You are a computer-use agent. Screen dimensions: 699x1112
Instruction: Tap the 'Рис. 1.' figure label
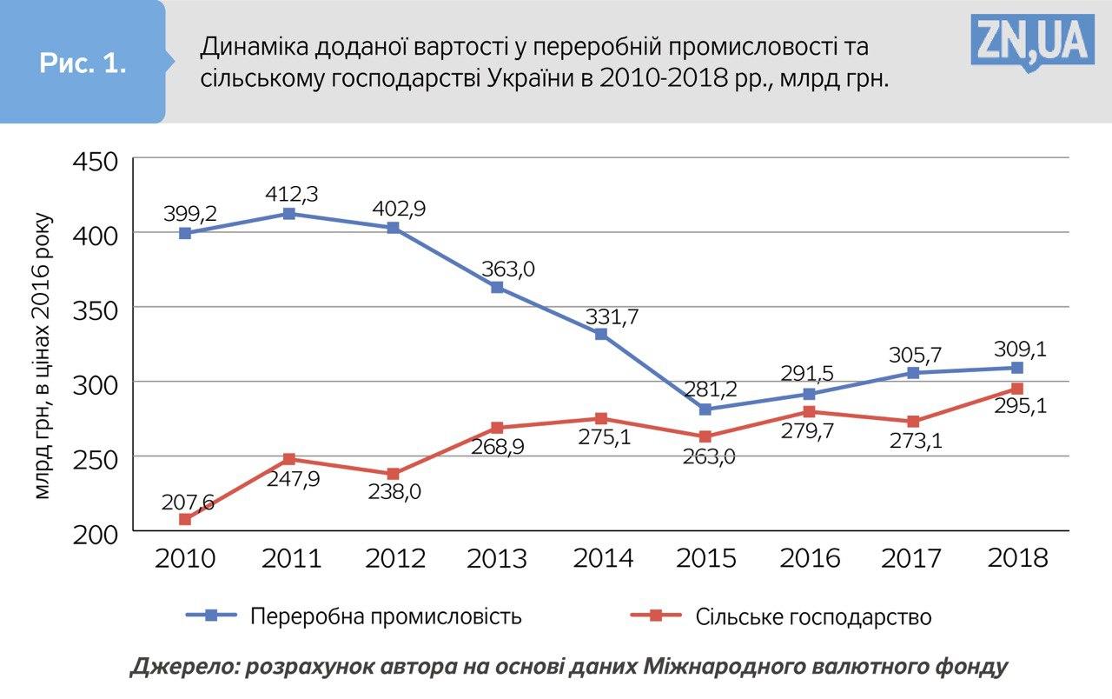(83, 63)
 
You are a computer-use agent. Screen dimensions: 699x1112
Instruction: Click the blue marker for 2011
(288, 214)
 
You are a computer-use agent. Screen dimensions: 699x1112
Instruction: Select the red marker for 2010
(185, 519)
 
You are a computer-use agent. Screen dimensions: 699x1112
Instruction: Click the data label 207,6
(188, 502)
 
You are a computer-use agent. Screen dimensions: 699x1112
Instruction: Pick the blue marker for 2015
(705, 409)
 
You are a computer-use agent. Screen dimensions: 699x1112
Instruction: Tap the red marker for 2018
(1016, 389)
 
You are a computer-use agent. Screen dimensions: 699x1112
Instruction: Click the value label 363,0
(507, 269)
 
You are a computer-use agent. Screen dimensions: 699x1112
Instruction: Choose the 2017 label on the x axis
(912, 558)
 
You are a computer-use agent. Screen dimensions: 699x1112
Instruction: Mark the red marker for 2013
(497, 428)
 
